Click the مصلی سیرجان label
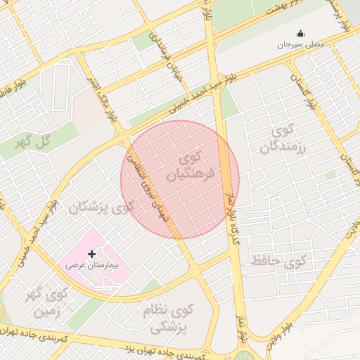301,44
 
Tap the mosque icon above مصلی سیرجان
301,33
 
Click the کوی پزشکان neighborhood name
101,207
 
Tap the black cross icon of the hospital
91,253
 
